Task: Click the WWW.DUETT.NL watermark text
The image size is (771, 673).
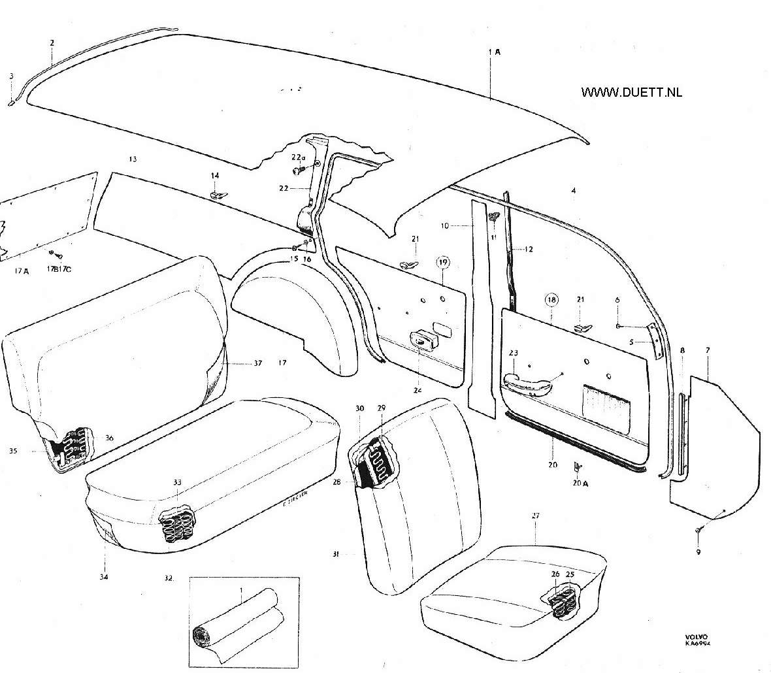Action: tap(631, 92)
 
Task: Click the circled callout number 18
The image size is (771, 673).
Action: tap(552, 300)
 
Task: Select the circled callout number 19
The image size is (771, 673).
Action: tap(444, 263)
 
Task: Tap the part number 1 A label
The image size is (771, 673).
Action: tap(494, 51)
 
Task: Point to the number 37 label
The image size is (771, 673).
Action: tap(257, 363)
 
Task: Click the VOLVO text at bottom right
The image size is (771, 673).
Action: tap(696, 636)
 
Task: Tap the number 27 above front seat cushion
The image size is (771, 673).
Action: tap(535, 516)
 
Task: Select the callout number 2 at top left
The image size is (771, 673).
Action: tap(52, 42)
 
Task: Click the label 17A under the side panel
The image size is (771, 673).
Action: tap(22, 271)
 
